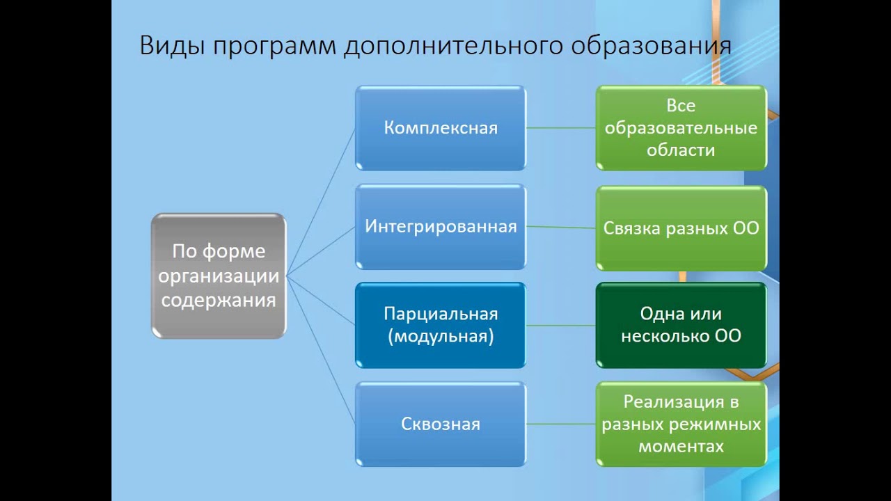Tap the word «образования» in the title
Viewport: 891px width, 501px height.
(x=651, y=45)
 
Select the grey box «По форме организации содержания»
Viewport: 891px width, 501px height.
(x=219, y=276)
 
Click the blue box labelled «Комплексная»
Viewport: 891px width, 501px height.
(x=441, y=128)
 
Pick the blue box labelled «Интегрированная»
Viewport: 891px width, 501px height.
(x=441, y=227)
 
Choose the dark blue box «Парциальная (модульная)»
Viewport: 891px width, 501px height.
(x=441, y=325)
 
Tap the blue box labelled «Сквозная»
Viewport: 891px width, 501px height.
(x=441, y=424)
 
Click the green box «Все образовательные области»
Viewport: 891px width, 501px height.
(x=681, y=128)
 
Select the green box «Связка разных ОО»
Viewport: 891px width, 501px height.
(x=681, y=228)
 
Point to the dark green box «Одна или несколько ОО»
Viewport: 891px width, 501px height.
(x=681, y=325)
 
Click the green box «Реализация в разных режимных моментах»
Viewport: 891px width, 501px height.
(x=681, y=424)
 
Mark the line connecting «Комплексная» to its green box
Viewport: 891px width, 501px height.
(x=560, y=128)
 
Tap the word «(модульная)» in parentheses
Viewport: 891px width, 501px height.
(x=441, y=337)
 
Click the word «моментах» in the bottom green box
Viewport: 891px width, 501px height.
(x=681, y=446)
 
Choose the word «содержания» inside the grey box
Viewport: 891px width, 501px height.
(x=219, y=301)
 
